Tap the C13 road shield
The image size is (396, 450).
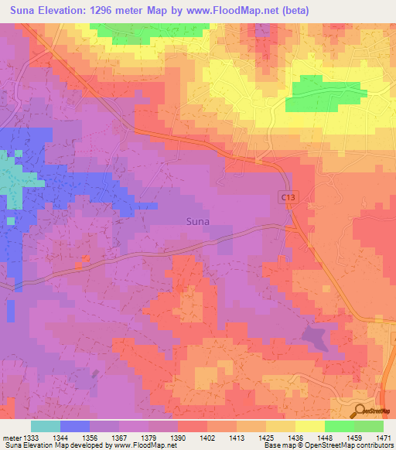[x=288, y=199]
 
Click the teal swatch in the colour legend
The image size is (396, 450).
[x=45, y=426]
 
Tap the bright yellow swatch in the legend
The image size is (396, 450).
[x=309, y=426]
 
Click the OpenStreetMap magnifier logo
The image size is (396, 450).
[x=360, y=411]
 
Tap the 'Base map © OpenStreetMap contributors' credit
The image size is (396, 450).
[x=328, y=445]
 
